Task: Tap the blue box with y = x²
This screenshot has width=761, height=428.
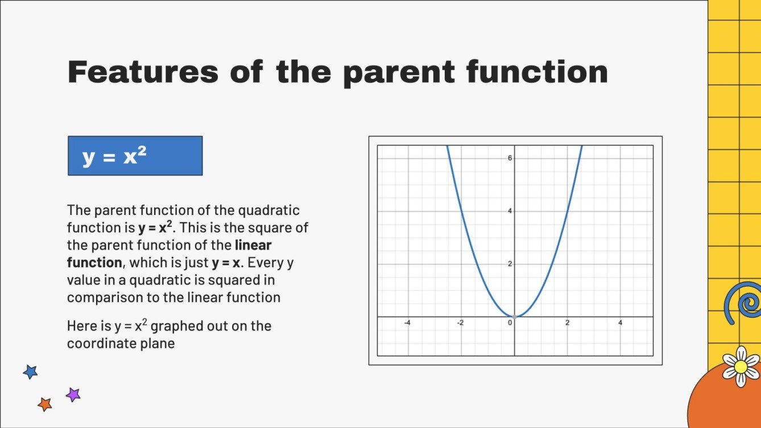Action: (135, 155)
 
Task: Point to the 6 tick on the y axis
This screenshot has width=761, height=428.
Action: (510, 158)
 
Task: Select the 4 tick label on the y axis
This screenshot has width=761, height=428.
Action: (510, 211)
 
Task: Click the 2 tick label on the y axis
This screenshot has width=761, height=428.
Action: (510, 264)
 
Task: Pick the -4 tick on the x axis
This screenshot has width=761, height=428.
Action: (407, 323)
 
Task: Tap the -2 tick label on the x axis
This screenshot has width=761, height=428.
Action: (460, 323)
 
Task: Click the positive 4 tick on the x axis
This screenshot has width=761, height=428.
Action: (621, 323)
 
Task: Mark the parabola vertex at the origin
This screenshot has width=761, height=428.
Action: (514, 317)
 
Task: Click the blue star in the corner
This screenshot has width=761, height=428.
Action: (30, 372)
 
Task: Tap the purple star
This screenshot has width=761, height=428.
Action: (73, 394)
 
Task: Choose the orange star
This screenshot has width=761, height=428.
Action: (44, 404)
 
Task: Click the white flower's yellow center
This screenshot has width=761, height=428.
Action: (741, 366)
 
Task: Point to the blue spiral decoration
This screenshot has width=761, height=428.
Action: (744, 304)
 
